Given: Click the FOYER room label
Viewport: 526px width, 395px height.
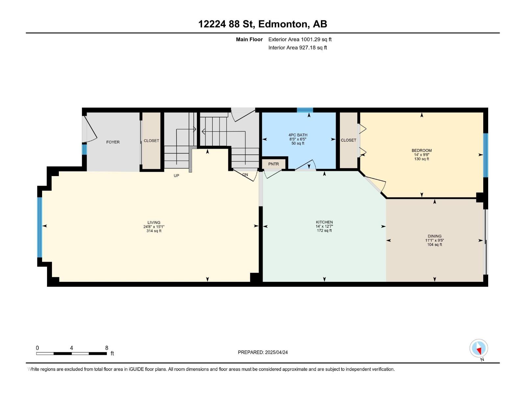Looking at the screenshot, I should pos(113,142).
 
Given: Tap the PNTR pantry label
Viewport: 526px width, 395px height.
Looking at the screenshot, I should pos(274,164).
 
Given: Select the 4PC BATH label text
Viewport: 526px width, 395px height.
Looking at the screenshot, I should pos(298,135).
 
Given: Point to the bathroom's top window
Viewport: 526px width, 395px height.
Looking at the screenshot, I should pos(305,110).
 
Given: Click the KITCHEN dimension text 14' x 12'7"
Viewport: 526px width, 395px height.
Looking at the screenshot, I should pos(324,226).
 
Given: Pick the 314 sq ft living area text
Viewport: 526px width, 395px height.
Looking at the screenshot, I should pos(154,231).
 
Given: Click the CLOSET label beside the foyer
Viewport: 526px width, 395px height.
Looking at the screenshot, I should pos(151,141).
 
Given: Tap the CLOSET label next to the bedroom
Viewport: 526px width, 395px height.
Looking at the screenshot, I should pos(348,140).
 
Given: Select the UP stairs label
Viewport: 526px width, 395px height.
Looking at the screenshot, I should pos(177,176).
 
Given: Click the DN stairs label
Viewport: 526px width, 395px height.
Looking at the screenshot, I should pos(245,175).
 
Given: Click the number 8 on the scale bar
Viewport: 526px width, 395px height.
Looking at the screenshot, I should pos(107,348).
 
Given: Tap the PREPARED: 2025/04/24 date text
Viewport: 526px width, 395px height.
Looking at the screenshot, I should pos(263,352).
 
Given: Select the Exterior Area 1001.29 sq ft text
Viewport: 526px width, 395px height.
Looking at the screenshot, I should pos(300,39).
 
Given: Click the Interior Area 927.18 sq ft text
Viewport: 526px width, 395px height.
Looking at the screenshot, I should pos(298,48).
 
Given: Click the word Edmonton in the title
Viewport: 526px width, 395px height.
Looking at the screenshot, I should pos(283,24).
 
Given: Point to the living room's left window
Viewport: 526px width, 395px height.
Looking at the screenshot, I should pos(40,227).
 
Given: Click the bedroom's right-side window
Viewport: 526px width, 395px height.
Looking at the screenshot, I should pos(486,155).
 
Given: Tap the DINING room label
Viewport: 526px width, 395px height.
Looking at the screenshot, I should pos(435,236).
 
